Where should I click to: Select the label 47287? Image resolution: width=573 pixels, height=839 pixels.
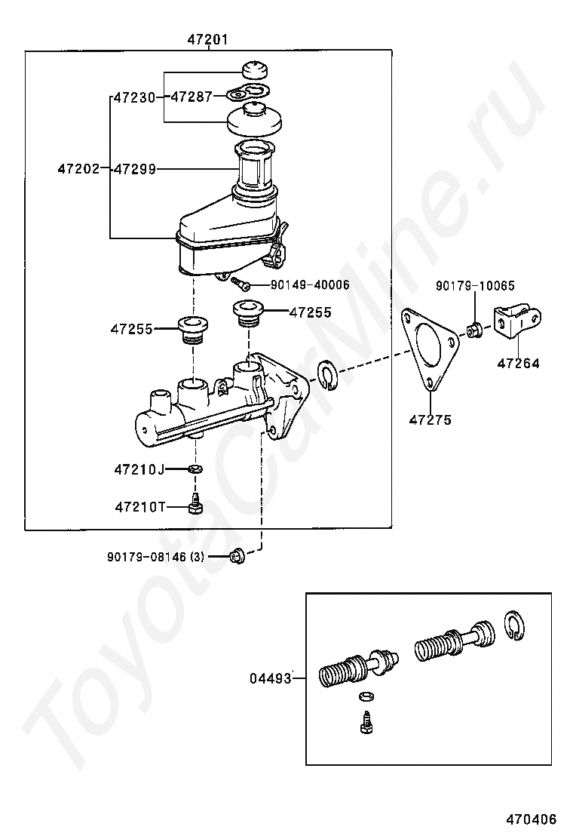192,97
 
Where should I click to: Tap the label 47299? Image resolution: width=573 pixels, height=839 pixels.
135,169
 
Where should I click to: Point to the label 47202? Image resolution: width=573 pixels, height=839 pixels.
78,169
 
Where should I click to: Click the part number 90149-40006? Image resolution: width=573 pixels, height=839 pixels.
310,284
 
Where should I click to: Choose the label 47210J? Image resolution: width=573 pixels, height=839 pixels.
139,470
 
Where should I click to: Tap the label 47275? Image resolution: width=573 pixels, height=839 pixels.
431,420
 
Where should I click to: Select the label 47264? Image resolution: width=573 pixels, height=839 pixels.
519,364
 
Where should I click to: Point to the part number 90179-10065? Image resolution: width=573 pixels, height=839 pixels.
475,286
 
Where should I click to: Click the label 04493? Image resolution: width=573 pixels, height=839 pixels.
271,679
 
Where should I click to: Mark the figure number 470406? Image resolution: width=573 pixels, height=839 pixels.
532,819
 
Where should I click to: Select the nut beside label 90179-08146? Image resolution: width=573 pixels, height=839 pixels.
236,556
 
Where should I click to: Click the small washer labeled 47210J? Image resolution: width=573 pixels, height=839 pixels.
195,469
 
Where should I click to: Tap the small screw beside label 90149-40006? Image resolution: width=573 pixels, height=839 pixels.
240,282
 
